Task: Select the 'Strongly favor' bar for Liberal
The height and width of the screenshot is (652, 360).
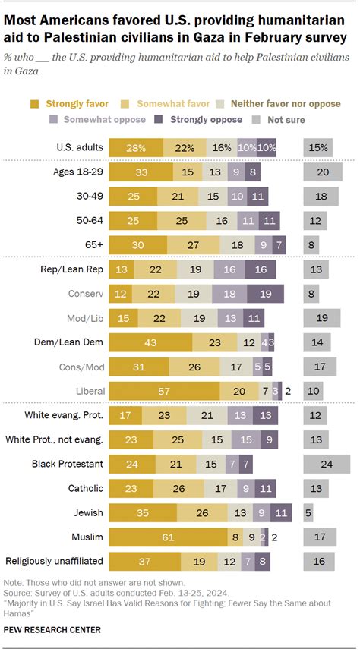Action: point(164,389)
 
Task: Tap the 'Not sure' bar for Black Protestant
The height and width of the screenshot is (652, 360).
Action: point(326,464)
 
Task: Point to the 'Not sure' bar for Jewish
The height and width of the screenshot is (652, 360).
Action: point(308,513)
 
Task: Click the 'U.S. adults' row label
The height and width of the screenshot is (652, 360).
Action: point(81,146)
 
